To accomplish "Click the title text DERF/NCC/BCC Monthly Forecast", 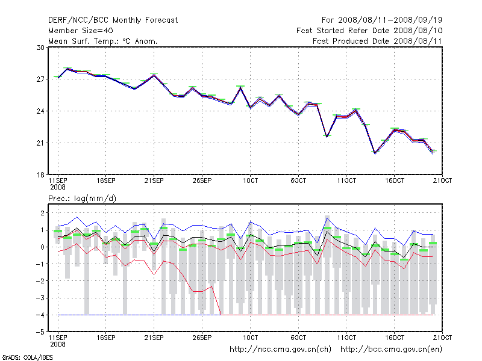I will coord(113,20).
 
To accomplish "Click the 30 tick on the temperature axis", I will coord(41,48).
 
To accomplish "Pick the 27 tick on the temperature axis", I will coord(41,79).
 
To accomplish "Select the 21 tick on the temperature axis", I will coord(41,143).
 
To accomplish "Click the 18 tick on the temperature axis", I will coord(41,175).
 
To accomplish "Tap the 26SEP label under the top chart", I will coord(202,180).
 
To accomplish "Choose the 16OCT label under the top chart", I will coord(395,180).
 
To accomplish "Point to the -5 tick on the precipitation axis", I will coord(40,332).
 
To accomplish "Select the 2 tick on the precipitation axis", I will coord(42,213).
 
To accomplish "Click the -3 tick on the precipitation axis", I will coord(40,298).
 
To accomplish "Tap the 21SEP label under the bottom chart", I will coord(154,337).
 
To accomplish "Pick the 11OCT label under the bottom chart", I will coord(346,337).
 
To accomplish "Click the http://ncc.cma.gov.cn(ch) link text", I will coord(281,349).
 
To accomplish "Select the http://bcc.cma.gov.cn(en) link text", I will coord(392,349).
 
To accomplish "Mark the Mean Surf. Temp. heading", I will coord(102,41).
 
